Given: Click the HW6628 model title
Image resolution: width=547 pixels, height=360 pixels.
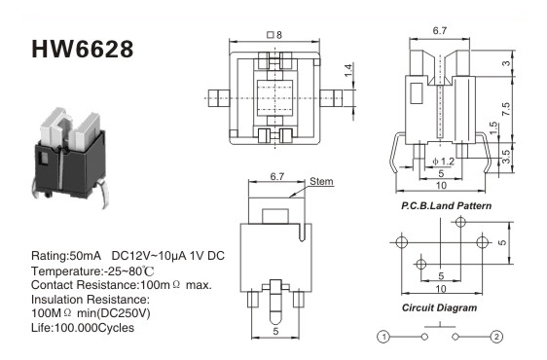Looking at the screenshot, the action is tap(83, 49).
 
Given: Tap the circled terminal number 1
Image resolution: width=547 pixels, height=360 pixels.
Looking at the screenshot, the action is tap(383, 337).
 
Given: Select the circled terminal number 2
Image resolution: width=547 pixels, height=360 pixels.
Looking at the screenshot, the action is tap(496, 337).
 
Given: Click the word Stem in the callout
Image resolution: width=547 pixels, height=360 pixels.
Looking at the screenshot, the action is tap(321, 181).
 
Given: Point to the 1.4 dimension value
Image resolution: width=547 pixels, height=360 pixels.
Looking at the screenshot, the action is tap(348, 71).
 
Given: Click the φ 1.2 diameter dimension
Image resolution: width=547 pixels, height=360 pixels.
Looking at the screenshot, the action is tap(444, 162).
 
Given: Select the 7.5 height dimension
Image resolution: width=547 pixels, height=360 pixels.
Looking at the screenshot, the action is tap(505, 109).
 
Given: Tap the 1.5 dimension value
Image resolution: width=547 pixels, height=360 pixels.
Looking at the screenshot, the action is tap(493, 127).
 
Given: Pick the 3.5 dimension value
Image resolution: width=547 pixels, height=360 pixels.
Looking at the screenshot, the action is tap(506, 156).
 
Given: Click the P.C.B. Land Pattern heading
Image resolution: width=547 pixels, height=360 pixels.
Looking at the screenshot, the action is tap(446, 206).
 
